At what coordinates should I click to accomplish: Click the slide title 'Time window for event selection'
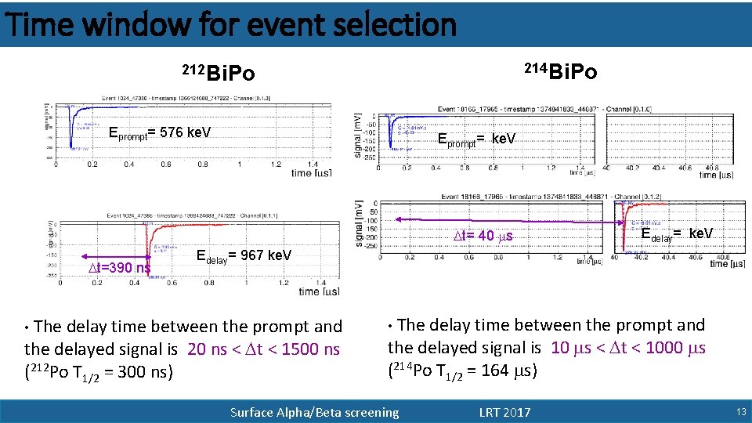tap(230, 24)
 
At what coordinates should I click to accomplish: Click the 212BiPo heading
tap(218, 74)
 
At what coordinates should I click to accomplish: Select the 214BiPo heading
tap(560, 73)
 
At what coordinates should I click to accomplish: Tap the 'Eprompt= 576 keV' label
tap(159, 132)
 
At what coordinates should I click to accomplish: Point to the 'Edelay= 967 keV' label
tap(243, 255)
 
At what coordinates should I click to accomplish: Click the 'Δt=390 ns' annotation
tap(121, 268)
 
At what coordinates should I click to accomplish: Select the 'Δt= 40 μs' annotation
tap(486, 236)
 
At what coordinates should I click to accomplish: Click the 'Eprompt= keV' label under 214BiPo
tap(476, 139)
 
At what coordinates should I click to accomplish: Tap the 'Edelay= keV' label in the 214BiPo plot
tap(676, 233)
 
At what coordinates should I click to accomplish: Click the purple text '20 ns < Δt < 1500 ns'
tap(264, 349)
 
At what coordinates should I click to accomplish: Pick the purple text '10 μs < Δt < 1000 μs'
tap(628, 348)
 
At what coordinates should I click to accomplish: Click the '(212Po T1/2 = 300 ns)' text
tap(98, 372)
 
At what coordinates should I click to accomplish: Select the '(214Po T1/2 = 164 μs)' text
tap(462, 371)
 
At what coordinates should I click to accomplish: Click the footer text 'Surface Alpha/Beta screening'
tap(314, 412)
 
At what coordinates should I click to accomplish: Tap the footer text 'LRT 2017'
tap(504, 412)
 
